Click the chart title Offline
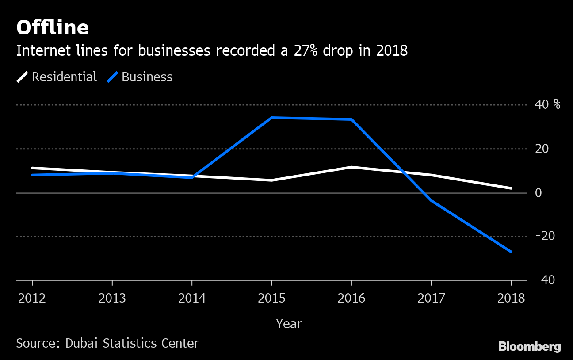point(53,28)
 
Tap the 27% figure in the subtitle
point(307,51)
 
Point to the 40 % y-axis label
point(547,105)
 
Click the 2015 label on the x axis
point(271,298)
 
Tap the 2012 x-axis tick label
point(32,298)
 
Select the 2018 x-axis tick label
point(511,298)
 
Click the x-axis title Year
point(289,324)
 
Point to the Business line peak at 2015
point(271,118)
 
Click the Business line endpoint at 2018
point(511,252)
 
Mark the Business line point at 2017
point(431,200)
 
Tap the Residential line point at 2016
point(351,167)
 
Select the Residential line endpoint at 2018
point(511,188)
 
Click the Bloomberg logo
point(529,347)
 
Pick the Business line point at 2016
point(351,119)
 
